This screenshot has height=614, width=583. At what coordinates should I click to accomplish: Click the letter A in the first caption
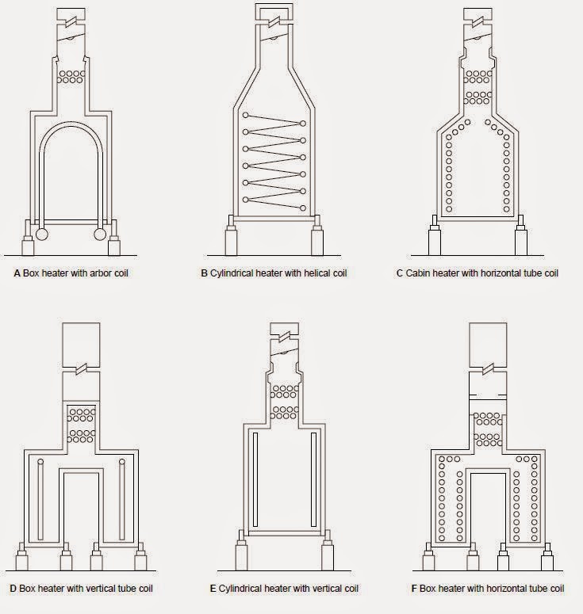click(17, 273)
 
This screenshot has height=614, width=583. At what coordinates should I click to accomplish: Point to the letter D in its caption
click(13, 589)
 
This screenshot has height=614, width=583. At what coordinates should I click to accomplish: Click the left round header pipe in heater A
click(40, 235)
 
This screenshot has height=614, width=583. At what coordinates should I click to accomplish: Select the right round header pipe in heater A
click(102, 235)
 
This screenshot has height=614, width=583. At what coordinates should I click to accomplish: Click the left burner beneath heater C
click(434, 239)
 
